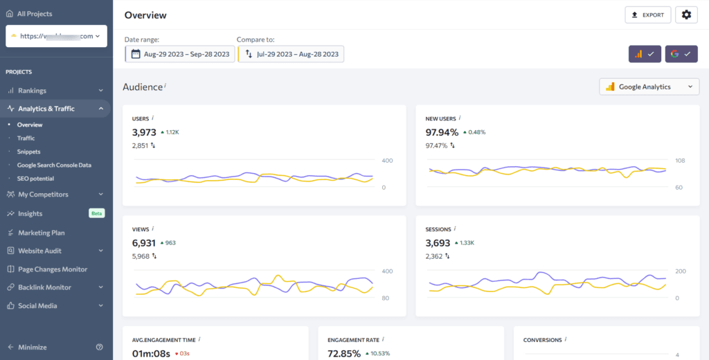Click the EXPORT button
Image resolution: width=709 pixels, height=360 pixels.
pyautogui.click(x=647, y=15)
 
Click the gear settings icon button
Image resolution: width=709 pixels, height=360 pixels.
pyautogui.click(x=686, y=15)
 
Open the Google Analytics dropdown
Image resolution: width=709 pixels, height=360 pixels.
pyautogui.click(x=649, y=87)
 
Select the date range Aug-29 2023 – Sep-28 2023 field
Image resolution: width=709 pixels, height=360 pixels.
pyautogui.click(x=180, y=54)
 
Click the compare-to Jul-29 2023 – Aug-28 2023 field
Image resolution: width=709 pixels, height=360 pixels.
pyautogui.click(x=291, y=54)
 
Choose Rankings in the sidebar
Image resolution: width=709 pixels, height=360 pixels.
pyautogui.click(x=32, y=91)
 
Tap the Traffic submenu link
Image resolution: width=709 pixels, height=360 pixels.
pyautogui.click(x=26, y=138)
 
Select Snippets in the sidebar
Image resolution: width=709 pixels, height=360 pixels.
pyautogui.click(x=28, y=152)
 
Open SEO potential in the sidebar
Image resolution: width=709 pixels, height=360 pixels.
pyautogui.click(x=36, y=179)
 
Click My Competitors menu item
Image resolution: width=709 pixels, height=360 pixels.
pyautogui.click(x=43, y=195)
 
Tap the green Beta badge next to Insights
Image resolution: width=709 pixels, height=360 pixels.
pyautogui.click(x=97, y=213)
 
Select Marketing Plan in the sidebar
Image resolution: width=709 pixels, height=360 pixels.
pyautogui.click(x=42, y=233)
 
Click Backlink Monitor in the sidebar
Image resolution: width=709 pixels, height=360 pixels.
pyautogui.click(x=44, y=287)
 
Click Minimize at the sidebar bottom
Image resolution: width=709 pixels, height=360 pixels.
pyautogui.click(x=33, y=347)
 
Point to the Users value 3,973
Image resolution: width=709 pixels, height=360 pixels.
pyautogui.click(x=144, y=132)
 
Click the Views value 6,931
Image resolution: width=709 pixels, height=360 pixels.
pyautogui.click(x=144, y=243)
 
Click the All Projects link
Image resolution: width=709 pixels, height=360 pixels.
pyautogui.click(x=34, y=14)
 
